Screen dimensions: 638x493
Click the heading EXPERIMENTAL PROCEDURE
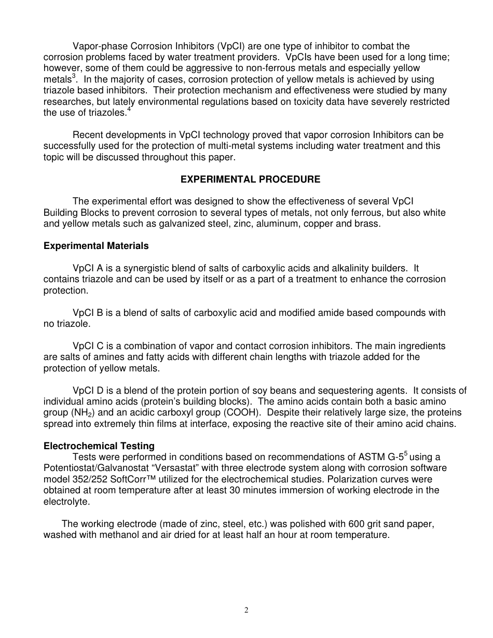[250, 179]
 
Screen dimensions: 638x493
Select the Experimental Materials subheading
[96, 246]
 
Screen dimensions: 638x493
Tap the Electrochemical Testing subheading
[99, 446]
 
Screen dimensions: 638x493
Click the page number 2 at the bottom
[246, 610]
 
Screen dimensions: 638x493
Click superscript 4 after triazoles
[129, 110]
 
